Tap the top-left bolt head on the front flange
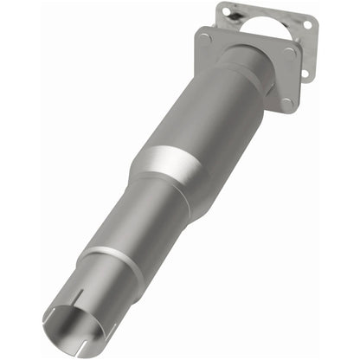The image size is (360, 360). pos(204,37)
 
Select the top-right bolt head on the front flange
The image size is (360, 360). pos(288,52)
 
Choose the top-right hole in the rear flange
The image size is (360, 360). pos(305,25)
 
